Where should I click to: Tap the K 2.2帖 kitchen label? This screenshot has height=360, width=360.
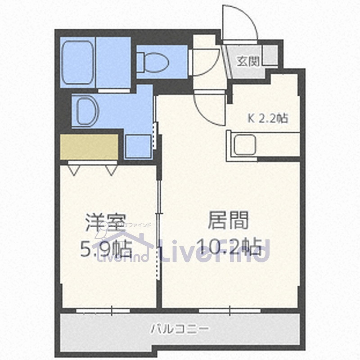268,118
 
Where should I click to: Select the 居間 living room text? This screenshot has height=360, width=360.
229,221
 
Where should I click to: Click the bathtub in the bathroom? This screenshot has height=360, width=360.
77,63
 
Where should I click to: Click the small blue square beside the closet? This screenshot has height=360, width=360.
138,146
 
